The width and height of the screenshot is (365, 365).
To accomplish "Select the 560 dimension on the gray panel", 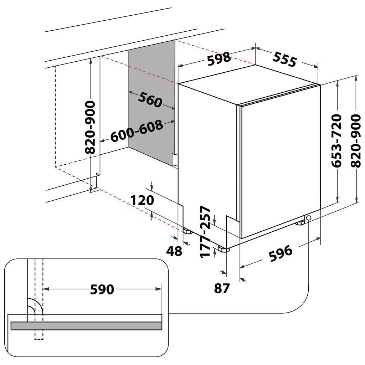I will [x=150, y=99].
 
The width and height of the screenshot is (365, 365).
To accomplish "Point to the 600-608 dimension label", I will [x=137, y=131].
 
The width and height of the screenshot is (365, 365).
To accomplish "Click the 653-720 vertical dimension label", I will [x=337, y=141].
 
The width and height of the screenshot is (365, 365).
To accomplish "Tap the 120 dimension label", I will [x=142, y=200].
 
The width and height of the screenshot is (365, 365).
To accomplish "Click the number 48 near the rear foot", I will [x=174, y=251].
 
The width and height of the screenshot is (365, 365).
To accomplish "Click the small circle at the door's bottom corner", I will [x=308, y=218].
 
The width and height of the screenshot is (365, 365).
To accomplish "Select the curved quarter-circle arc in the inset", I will [x=35, y=306].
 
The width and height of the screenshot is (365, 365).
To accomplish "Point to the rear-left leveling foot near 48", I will [x=187, y=231].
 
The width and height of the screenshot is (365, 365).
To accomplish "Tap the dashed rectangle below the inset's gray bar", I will [x=38, y=335].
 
